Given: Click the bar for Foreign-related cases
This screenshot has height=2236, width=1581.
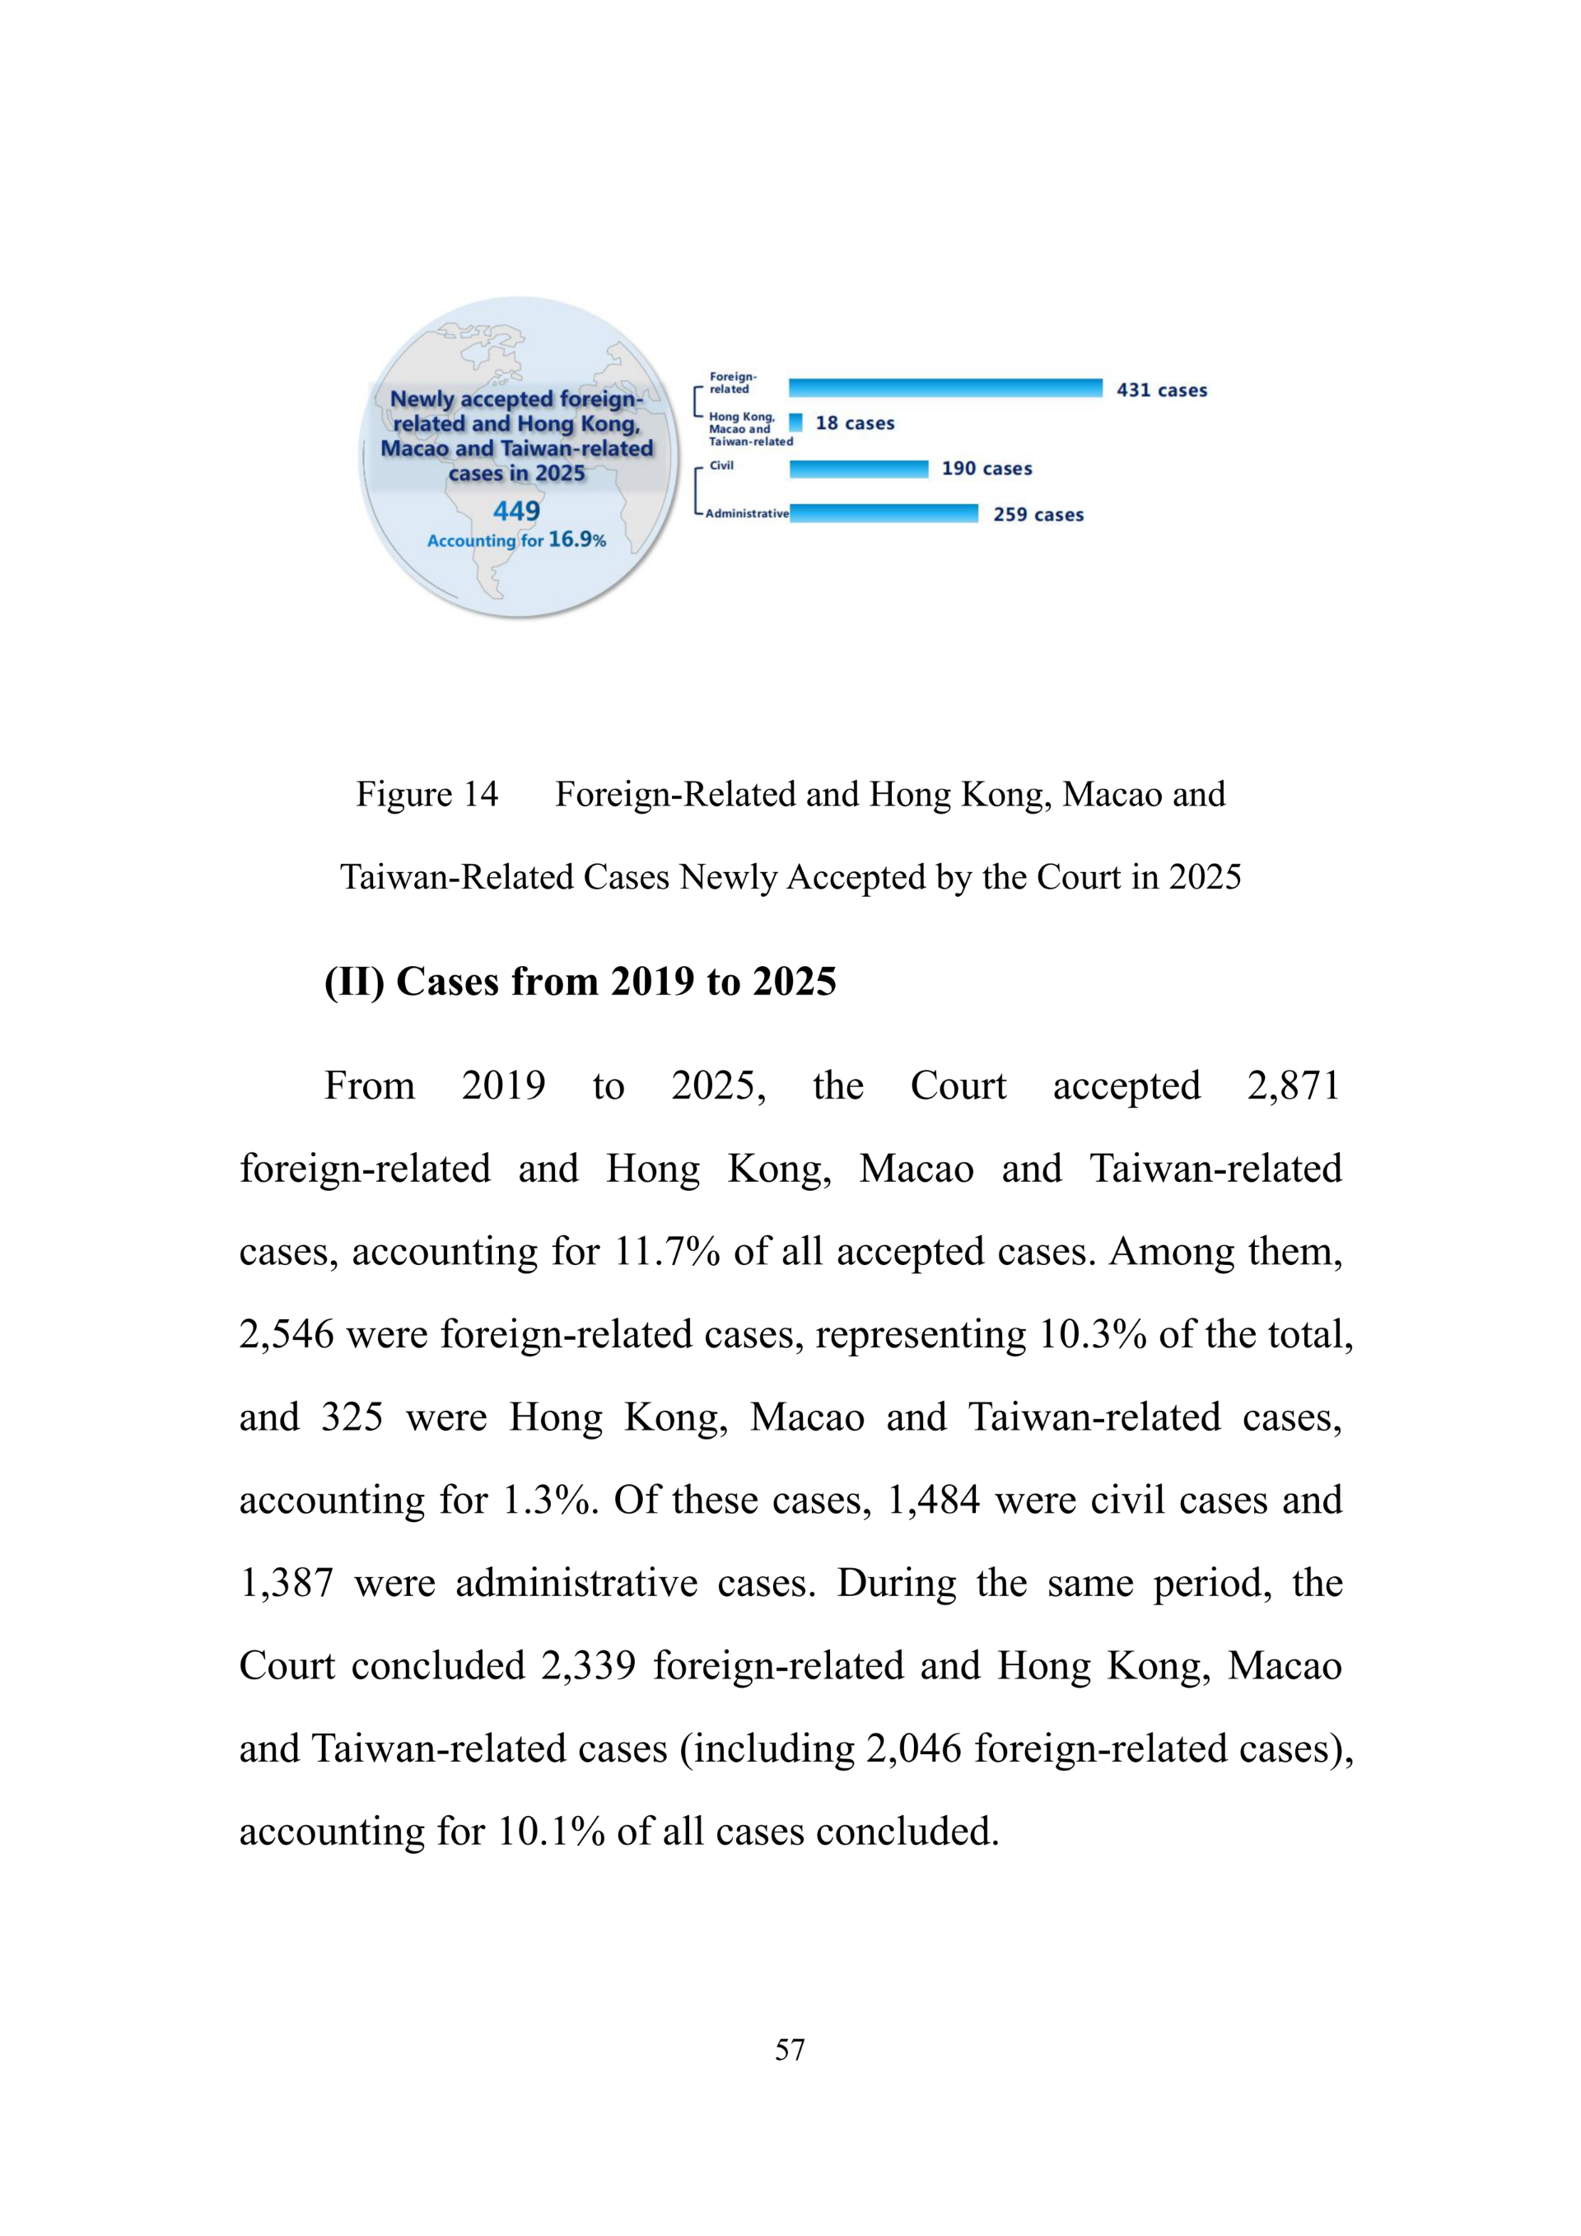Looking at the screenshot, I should (944, 389).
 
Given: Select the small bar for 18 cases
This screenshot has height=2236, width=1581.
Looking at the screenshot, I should (795, 422).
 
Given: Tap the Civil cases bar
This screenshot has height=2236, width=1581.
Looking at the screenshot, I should (858, 469).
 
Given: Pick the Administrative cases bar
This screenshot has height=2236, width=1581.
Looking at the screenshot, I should (883, 514).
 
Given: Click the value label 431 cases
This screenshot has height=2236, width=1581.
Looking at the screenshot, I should (1161, 390).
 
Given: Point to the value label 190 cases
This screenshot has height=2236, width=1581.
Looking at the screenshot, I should (986, 469).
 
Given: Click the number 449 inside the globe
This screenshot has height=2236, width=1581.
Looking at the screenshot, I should (516, 511).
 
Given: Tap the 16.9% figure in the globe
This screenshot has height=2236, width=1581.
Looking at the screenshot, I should (576, 539).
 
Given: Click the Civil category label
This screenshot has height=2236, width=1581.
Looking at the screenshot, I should (721, 465).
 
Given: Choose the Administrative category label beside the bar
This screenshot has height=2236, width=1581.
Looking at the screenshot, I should (747, 513).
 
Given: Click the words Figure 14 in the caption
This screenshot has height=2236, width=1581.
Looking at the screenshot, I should (427, 795).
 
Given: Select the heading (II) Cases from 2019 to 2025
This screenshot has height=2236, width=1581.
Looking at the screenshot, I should (581, 982).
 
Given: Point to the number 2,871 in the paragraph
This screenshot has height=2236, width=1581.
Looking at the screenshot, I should (1293, 1085).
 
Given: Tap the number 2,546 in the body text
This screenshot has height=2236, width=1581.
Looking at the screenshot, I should (287, 1334).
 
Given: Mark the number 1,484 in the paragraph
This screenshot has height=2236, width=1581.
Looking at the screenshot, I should (934, 1500).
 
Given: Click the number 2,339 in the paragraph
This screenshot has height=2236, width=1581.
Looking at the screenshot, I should (588, 1666).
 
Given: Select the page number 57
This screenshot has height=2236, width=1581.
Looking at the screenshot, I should (790, 2049).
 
